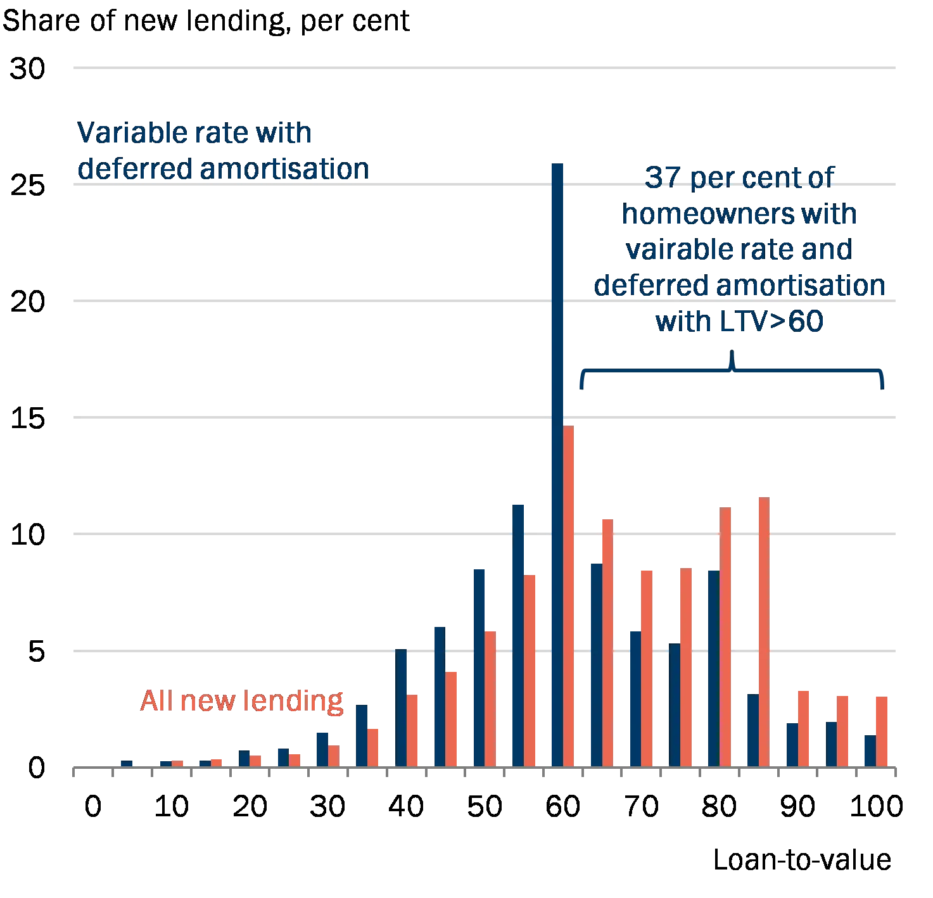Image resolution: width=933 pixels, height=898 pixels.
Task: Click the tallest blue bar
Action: point(557,465)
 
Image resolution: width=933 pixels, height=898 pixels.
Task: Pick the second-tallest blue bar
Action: point(519,634)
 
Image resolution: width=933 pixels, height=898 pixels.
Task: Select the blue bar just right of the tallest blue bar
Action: point(595,664)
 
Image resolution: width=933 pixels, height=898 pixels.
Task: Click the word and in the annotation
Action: point(827,251)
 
